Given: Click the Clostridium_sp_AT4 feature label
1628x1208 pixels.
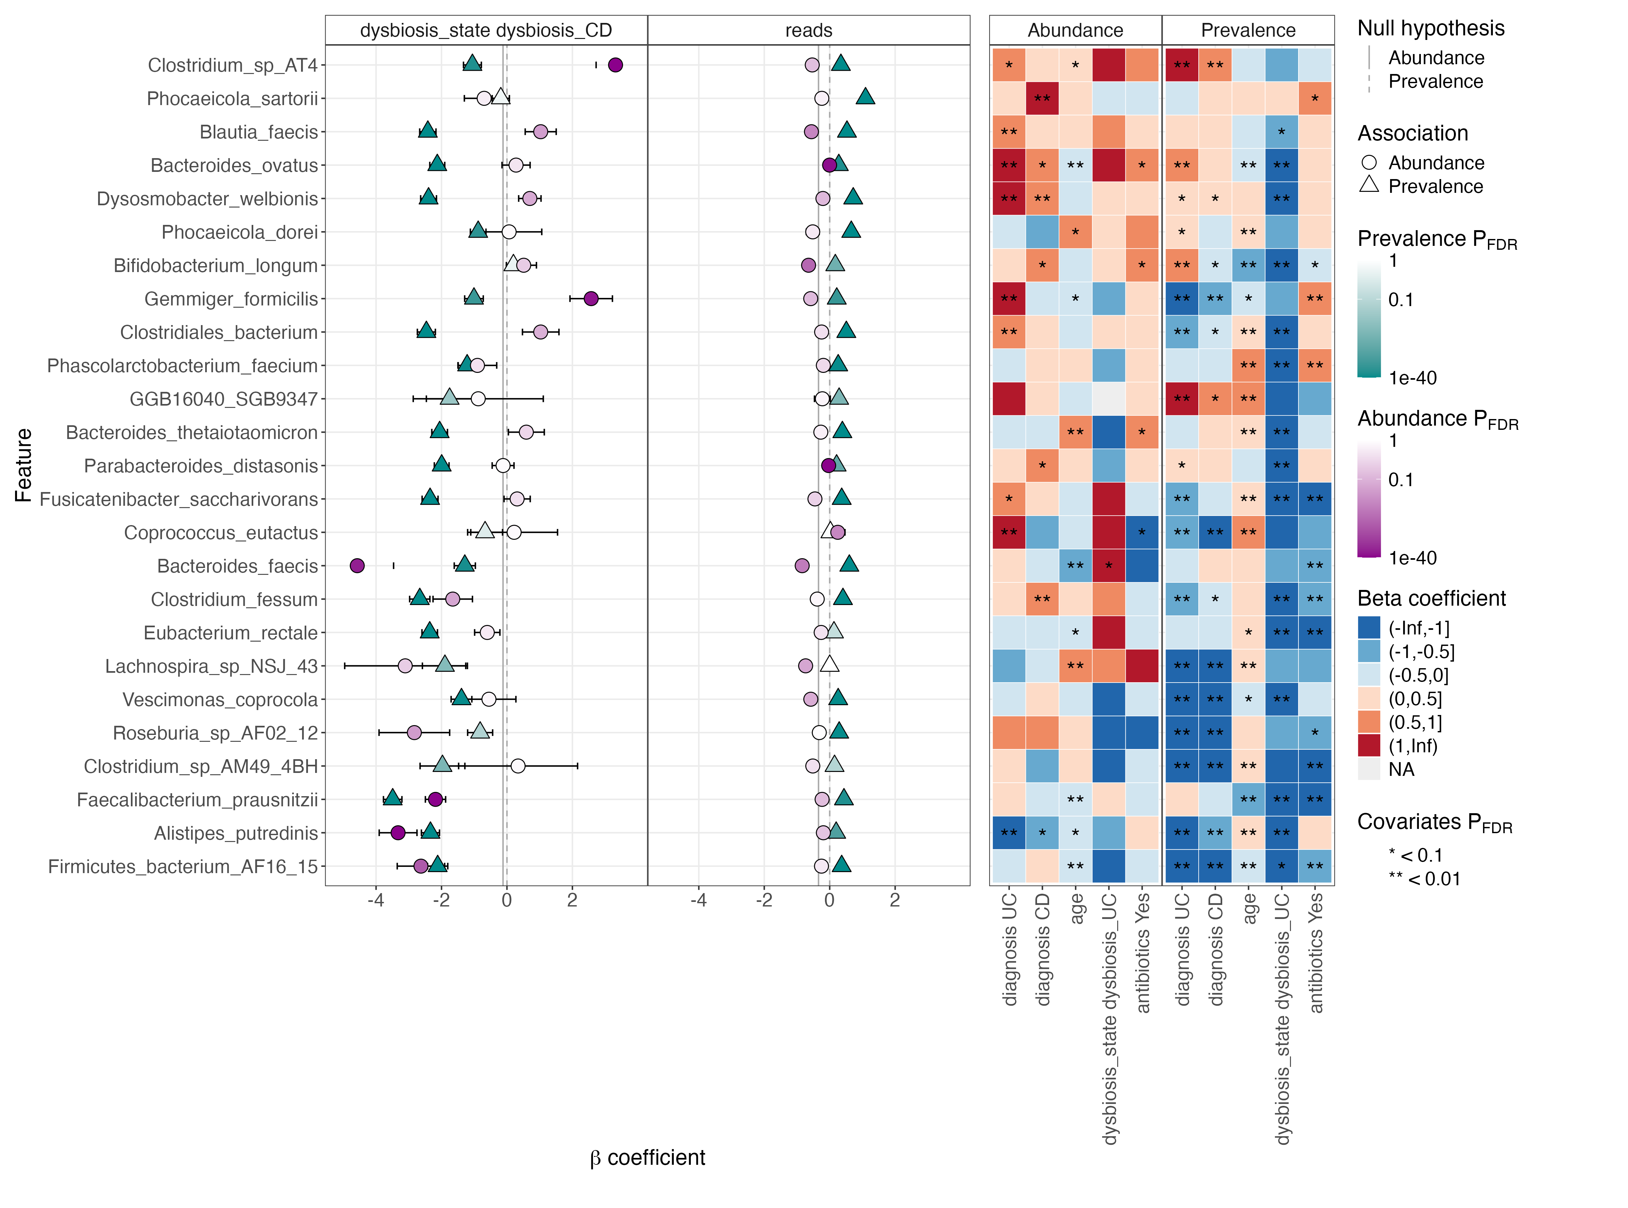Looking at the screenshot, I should point(232,65).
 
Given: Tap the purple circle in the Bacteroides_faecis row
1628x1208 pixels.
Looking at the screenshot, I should point(357,565).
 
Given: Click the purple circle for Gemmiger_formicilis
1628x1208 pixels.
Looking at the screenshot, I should point(591,298).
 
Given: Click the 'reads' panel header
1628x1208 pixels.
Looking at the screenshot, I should point(809,30).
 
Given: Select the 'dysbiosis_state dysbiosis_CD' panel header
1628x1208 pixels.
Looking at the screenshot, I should point(486,30).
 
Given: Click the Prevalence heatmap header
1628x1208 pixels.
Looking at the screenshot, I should point(1248,30).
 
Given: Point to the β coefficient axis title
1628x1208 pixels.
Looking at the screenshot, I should point(648,1158).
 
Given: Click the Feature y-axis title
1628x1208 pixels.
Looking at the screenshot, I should point(23,465).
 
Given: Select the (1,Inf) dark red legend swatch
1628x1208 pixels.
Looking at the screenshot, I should point(1369,746).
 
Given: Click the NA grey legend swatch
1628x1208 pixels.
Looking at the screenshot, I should point(1369,769).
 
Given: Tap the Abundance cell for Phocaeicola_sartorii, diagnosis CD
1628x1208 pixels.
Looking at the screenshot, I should point(1042,98).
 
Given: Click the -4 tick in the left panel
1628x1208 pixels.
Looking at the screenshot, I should point(376,900).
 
